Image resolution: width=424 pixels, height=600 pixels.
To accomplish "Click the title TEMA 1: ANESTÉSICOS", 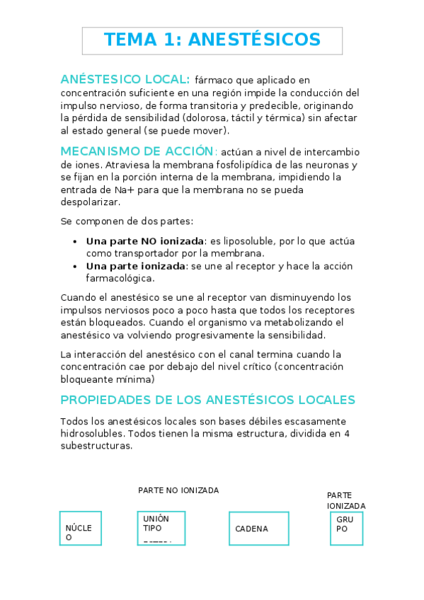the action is click(212, 40).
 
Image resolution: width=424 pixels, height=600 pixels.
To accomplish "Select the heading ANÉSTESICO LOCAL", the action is click(125, 79).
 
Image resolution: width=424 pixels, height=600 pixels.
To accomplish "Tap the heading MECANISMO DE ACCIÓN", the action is click(137, 151).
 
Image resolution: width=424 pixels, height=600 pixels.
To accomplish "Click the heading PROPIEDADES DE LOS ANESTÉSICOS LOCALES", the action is click(207, 400).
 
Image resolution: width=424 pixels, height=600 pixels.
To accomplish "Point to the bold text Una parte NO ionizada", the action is click(145, 241).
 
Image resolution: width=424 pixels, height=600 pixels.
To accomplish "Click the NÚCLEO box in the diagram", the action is click(80, 529).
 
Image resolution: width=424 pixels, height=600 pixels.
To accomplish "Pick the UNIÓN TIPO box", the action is click(159, 529).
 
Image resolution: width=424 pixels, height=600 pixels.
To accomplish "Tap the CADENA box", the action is click(258, 529).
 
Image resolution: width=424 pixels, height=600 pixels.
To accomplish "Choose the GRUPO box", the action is click(346, 529).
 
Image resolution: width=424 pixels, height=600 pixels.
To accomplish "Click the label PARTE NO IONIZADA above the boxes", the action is click(178, 490).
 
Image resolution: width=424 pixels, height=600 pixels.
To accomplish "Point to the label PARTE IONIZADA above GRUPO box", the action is click(346, 500).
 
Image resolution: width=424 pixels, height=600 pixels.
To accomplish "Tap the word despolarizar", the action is click(90, 202).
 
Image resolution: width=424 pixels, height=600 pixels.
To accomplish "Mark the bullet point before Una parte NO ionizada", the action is click(76, 241).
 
